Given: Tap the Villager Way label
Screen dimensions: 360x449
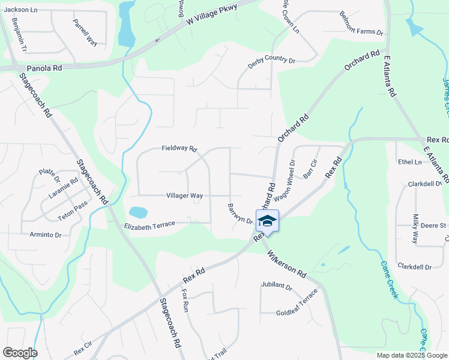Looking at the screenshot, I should [184, 196].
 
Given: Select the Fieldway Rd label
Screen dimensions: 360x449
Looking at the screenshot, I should [179, 148].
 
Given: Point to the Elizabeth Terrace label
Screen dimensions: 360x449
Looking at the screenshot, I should [149, 225].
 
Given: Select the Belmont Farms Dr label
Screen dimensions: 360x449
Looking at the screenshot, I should [361, 24].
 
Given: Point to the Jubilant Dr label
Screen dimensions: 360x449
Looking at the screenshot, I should [276, 287].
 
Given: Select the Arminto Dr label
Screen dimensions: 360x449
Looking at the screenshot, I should [46, 235].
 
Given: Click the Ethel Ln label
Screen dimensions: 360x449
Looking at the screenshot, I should [409, 162].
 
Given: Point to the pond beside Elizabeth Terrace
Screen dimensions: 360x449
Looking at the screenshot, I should [137, 212].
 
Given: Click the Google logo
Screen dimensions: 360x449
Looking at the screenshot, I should [19, 352].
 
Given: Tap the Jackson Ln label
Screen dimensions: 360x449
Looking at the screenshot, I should [20, 10].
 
